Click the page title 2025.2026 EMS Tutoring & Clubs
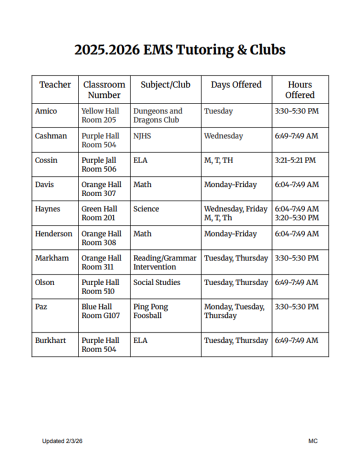click(x=180, y=50)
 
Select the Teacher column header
click(x=55, y=85)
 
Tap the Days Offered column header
click(x=236, y=85)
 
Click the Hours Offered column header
click(x=300, y=90)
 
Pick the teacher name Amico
click(x=46, y=111)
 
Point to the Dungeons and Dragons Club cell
click(x=158, y=116)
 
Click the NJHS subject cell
click(x=142, y=136)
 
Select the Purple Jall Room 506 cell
click(x=100, y=165)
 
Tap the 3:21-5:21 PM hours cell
click(x=295, y=160)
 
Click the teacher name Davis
click(x=45, y=185)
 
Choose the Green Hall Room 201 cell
click(x=100, y=213)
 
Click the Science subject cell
click(x=146, y=209)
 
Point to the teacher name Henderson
click(x=54, y=234)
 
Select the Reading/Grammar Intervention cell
click(x=165, y=263)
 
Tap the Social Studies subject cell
click(x=156, y=282)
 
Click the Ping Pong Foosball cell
click(x=150, y=311)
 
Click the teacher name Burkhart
click(x=50, y=341)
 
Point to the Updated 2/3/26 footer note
click(x=62, y=441)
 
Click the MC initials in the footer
click(x=313, y=441)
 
